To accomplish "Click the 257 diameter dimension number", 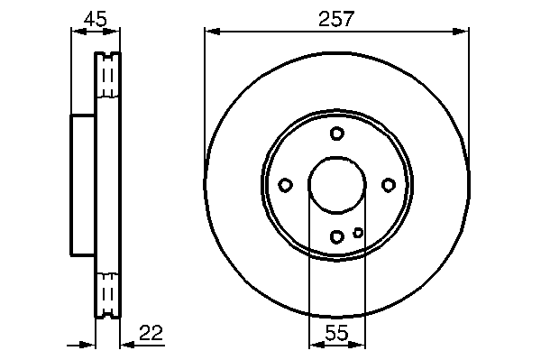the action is [336, 19].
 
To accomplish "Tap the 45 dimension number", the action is [96, 19].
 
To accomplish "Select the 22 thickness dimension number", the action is [151, 333].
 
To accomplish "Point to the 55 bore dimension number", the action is [336, 333].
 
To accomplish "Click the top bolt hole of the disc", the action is [336, 134].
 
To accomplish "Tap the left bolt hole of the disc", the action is [285, 185].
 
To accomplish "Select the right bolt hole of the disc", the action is [389, 185].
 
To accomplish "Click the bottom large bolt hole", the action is [336, 236].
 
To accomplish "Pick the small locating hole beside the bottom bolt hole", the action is [358, 233].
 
